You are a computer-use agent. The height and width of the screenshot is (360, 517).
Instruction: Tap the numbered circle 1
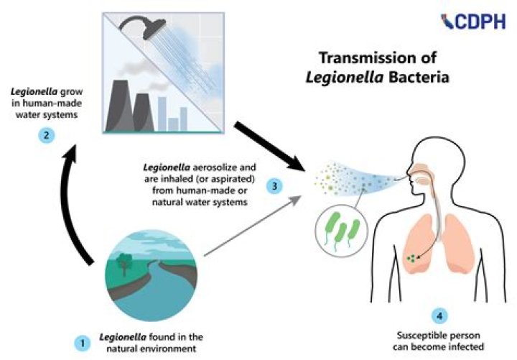tap(84, 343)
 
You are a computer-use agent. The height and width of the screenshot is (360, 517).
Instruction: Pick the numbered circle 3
tap(273, 186)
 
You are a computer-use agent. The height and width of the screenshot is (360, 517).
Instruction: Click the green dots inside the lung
tap(411, 255)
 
